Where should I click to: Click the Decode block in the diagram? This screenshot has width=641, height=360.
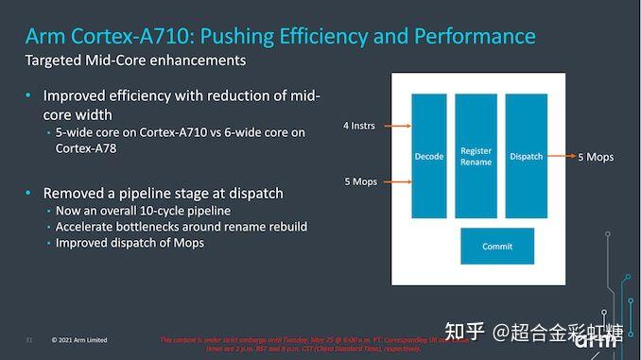tap(428, 156)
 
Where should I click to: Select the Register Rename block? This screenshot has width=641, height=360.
tap(476, 156)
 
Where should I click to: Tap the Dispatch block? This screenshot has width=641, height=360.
tap(526, 156)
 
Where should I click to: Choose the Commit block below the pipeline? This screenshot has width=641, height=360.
tap(497, 246)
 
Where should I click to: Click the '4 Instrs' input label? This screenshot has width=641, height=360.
tap(359, 125)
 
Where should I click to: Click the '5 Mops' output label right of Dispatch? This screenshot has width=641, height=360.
tap(596, 157)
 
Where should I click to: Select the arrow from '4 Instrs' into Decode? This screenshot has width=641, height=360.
tap(396, 125)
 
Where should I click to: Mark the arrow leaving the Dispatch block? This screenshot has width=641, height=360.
tap(560, 157)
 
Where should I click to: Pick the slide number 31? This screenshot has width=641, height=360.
tap(28, 339)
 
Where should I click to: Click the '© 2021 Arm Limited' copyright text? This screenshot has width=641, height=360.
tap(79, 339)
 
